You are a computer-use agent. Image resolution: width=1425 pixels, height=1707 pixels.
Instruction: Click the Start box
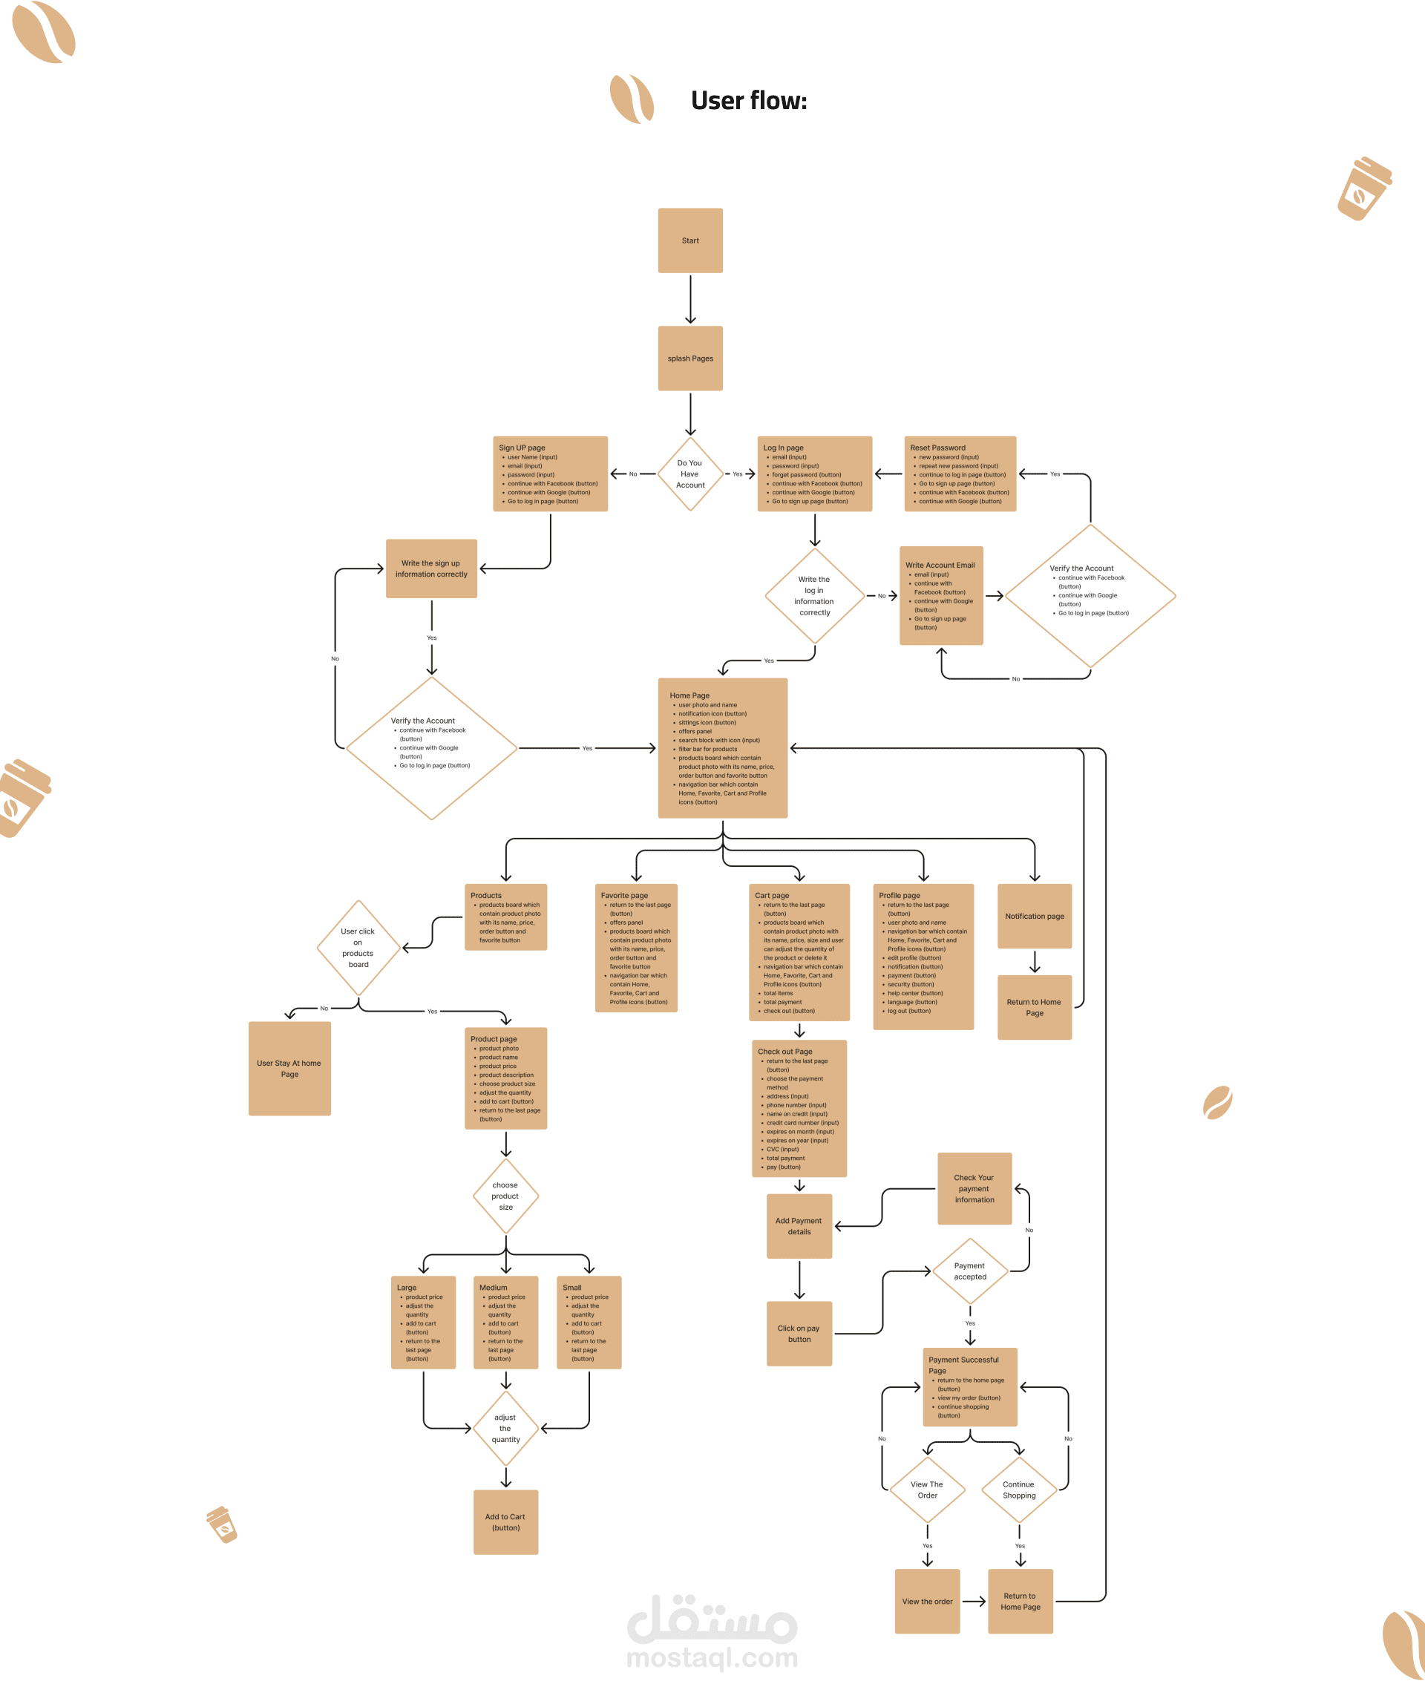click(690, 240)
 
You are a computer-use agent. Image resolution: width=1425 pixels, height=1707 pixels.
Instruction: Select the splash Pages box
click(690, 358)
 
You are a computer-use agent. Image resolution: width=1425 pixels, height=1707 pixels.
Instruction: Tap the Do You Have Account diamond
click(690, 474)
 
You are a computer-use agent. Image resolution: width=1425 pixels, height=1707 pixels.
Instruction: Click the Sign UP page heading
click(522, 448)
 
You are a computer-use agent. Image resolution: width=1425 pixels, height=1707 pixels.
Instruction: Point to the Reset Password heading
click(937, 448)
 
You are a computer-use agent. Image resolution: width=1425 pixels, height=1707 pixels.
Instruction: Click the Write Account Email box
click(940, 596)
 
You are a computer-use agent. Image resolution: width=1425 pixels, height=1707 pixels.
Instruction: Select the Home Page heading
click(689, 696)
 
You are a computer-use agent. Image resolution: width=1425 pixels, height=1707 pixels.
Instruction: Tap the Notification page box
click(1034, 916)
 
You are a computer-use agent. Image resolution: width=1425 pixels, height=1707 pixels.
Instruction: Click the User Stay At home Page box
click(289, 1068)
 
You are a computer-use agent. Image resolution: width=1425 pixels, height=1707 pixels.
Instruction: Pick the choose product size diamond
click(505, 1196)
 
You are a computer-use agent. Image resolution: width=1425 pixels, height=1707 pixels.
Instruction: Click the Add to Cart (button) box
click(505, 1521)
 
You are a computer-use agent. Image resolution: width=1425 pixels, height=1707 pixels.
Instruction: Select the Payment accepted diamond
click(970, 1271)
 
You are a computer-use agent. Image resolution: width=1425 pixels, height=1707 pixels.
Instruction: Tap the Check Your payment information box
click(974, 1188)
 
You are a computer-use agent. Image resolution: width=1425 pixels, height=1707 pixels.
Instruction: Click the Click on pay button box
click(799, 1333)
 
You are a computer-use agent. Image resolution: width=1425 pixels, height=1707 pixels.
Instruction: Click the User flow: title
click(749, 101)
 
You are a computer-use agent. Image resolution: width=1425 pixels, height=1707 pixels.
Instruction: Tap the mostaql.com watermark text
click(712, 1658)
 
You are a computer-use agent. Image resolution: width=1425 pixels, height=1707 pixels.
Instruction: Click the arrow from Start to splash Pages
click(690, 299)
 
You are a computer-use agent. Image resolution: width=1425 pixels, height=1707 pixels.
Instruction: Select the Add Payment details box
click(799, 1226)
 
